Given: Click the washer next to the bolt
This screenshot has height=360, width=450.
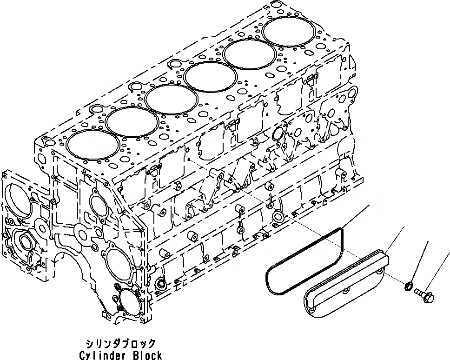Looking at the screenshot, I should point(407,285).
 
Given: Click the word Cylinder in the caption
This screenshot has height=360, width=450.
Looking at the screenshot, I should point(101,355).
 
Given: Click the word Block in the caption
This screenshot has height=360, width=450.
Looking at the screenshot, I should point(146,355).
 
